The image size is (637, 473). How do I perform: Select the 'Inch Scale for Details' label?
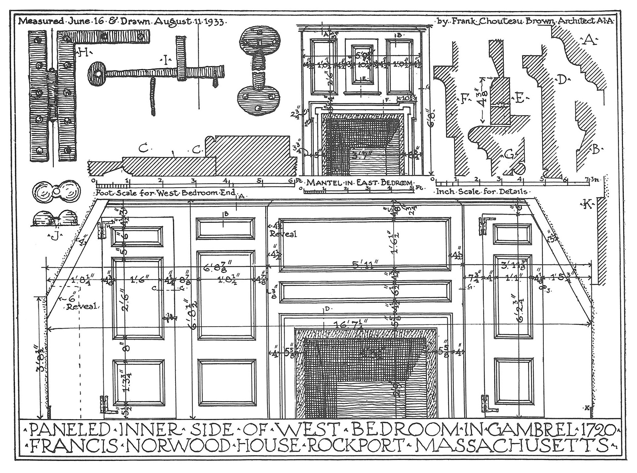481,192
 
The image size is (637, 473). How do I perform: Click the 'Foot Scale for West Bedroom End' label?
165,193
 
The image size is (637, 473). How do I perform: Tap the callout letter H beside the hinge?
83,52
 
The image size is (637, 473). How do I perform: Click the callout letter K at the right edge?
587,205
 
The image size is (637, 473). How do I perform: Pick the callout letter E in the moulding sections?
519,98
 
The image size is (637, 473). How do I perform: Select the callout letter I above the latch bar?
165,60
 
